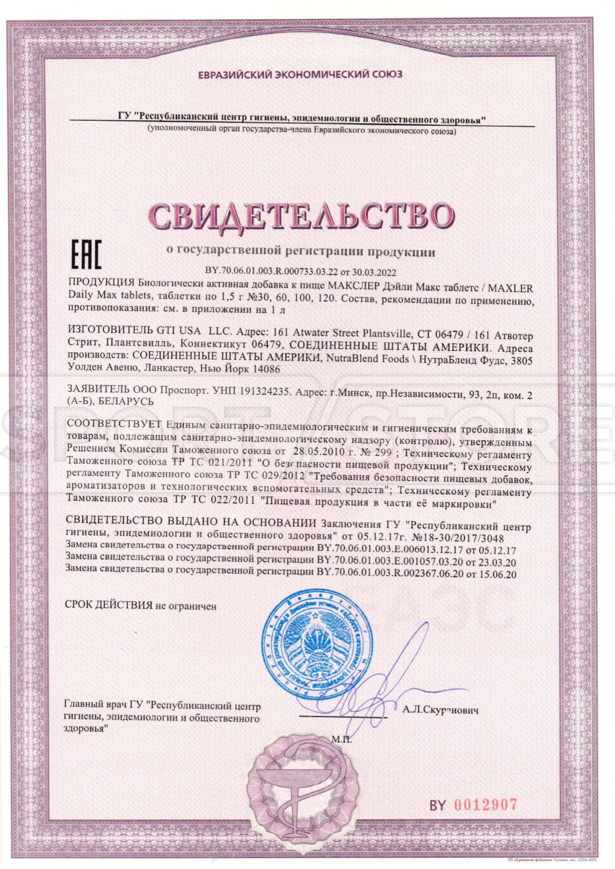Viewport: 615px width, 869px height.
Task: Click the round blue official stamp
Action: click(x=317, y=642)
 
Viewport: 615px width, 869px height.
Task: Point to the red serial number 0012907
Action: click(x=485, y=805)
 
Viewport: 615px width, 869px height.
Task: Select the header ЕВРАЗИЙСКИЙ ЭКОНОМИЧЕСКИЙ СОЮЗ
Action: click(x=300, y=75)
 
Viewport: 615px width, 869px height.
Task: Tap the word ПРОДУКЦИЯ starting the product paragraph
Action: click(x=101, y=283)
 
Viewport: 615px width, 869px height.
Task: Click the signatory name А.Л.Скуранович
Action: click(x=441, y=710)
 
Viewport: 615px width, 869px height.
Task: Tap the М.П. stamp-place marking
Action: click(x=341, y=740)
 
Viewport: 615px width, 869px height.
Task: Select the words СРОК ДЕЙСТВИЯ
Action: click(x=109, y=605)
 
